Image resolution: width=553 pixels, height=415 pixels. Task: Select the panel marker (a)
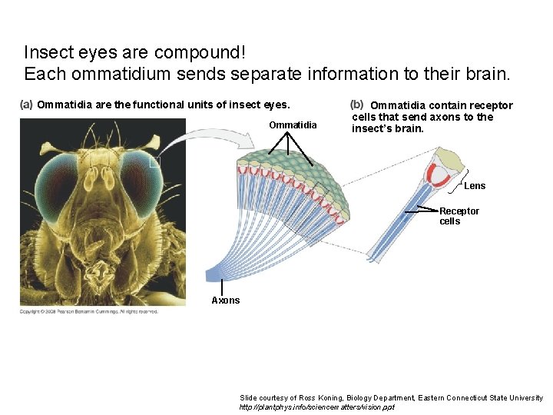point(27,105)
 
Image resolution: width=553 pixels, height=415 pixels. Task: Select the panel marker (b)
point(356,105)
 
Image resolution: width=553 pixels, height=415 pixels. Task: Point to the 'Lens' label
point(475,186)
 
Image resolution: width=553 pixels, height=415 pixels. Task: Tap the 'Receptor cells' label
point(459,216)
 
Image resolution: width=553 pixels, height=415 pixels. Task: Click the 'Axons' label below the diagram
point(226,300)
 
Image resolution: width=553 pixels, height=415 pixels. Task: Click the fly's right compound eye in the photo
point(143,176)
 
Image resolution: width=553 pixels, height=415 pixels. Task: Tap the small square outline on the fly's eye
point(154,161)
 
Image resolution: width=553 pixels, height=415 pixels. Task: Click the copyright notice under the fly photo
point(89,311)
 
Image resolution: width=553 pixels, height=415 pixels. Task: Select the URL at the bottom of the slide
point(316,407)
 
